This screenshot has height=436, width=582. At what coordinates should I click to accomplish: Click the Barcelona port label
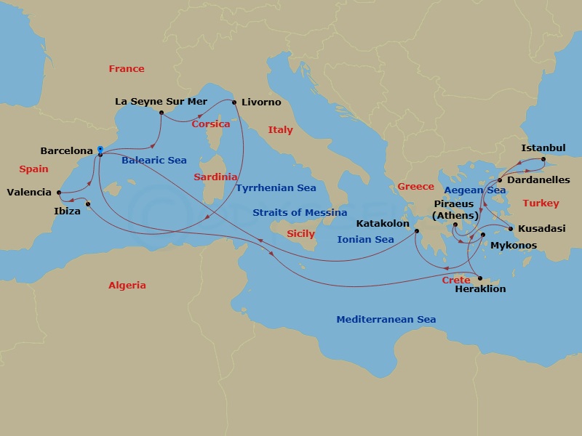67,151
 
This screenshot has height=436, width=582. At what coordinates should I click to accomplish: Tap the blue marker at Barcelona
100,151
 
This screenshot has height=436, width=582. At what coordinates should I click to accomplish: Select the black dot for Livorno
234,102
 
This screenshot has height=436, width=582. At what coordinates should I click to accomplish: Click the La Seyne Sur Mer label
162,102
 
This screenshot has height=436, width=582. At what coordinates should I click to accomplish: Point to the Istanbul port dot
543,159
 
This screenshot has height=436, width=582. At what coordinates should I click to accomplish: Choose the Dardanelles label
538,179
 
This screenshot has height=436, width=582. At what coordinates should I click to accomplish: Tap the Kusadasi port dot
511,229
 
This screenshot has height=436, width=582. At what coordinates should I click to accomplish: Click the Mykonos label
514,246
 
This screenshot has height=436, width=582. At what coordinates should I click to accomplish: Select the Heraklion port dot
479,277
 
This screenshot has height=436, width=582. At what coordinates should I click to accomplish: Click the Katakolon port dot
417,231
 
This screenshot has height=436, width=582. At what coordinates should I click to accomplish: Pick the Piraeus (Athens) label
456,210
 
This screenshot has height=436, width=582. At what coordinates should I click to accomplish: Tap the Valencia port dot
57,193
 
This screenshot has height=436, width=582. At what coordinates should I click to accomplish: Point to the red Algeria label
127,286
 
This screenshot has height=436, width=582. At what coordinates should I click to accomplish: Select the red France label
127,69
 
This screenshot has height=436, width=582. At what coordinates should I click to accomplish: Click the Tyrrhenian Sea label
276,187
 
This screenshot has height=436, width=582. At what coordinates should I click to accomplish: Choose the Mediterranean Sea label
386,320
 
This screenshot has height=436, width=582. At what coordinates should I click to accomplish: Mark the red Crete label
455,280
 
